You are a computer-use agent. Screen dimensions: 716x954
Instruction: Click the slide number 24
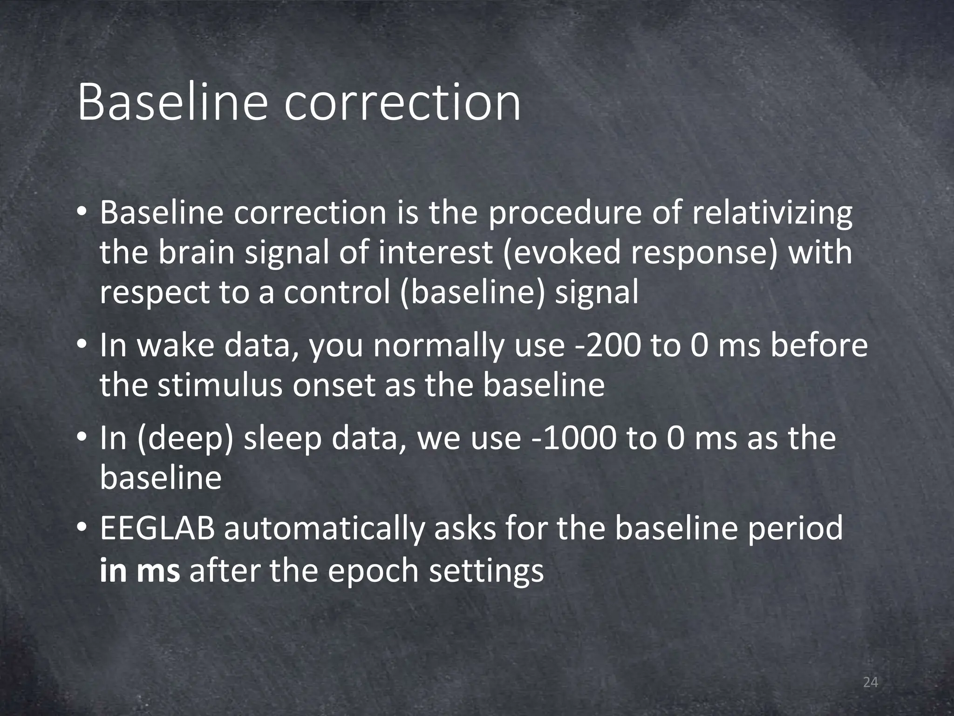point(870,682)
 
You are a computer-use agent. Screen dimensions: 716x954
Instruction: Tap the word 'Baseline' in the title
point(172,102)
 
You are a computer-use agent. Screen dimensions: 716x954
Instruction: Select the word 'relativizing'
point(772,213)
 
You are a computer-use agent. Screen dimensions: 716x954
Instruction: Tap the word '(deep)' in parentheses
point(185,440)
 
